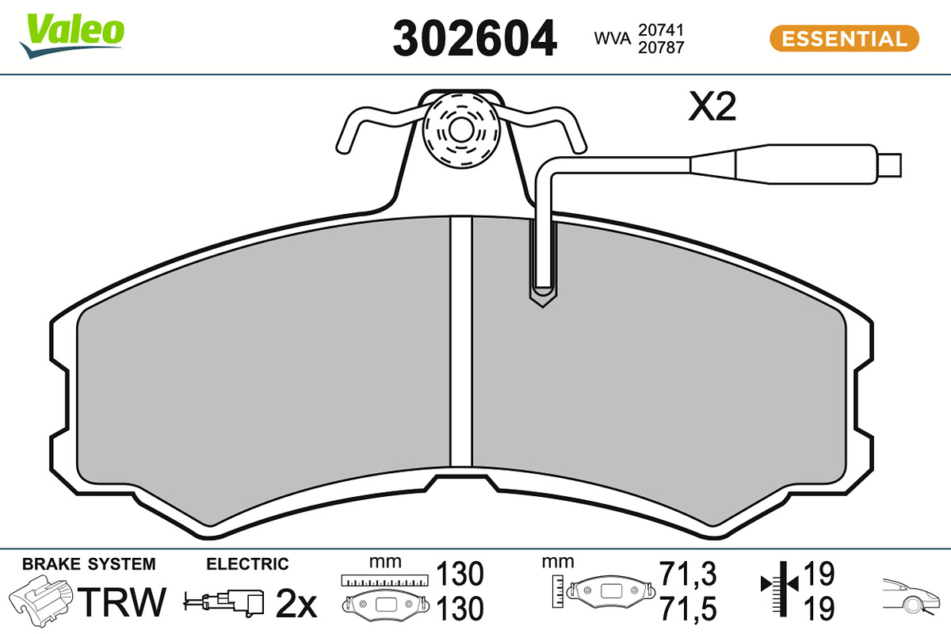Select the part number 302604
(474, 39)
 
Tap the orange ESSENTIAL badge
(844, 39)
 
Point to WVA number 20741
(661, 30)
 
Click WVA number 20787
(661, 48)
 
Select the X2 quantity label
(712, 106)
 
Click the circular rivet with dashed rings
(461, 131)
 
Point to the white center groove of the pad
(461, 342)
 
